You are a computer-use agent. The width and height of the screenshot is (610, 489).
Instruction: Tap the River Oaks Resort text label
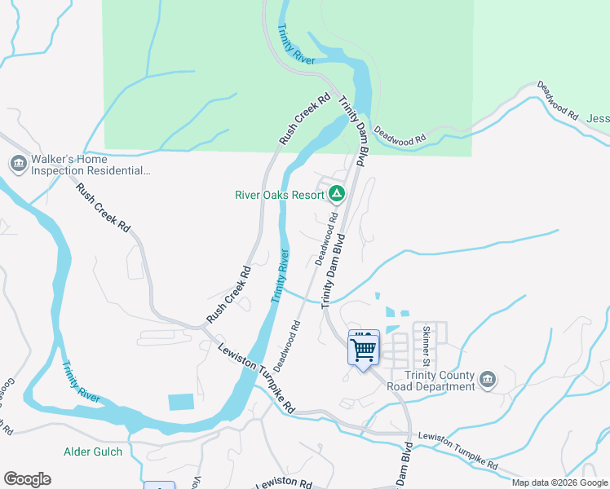click(x=279, y=195)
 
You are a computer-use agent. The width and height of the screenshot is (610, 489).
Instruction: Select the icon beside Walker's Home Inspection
click(x=18, y=164)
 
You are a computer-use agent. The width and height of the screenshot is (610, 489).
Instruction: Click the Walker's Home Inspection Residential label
click(x=91, y=165)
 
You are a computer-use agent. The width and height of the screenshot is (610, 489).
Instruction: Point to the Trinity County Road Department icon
click(x=488, y=379)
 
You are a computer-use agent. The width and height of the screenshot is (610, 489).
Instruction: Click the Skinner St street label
click(x=427, y=346)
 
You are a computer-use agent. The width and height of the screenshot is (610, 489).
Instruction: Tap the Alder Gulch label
click(x=93, y=452)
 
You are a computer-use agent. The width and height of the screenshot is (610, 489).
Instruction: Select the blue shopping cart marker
click(x=364, y=350)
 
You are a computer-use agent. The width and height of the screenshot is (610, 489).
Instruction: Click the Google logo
click(x=27, y=479)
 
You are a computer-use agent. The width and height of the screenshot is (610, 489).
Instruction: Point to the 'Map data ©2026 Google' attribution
click(x=559, y=482)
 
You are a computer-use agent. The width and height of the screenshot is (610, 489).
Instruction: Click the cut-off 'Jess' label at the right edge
click(x=598, y=118)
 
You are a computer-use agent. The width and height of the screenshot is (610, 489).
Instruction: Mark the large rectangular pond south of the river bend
click(x=181, y=402)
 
